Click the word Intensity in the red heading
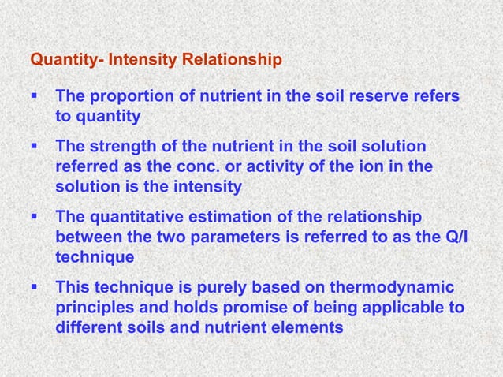[x=140, y=59]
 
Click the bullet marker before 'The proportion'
[x=34, y=97]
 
